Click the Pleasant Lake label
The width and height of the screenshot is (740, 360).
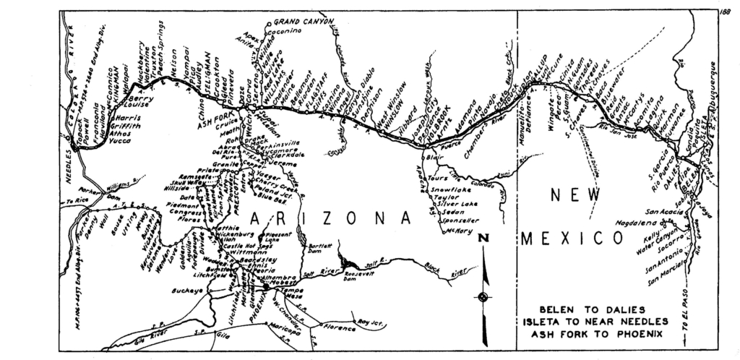pyautogui.click(x=279, y=238)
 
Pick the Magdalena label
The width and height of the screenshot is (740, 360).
pyautogui.click(x=637, y=225)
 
